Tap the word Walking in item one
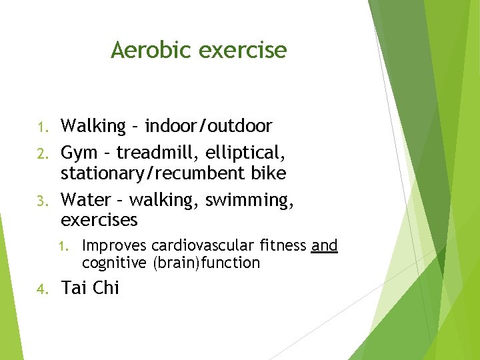pos(93,126)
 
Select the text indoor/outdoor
pos(209,126)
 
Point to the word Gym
pos(79,153)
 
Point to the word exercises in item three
pos(99,219)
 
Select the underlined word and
pos(325,246)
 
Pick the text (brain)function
pos(207,263)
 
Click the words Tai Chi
pos(90,288)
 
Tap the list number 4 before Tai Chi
pos(41,289)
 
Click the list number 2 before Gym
pos(41,155)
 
